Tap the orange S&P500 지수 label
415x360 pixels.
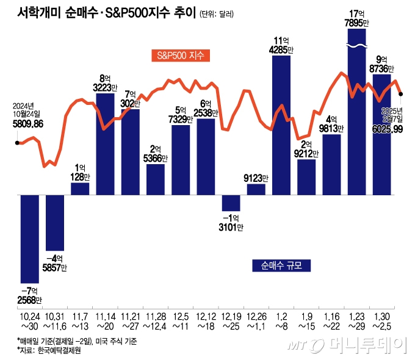pyautogui.click(x=180, y=56)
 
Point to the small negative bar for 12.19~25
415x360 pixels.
pyautogui.click(x=231, y=203)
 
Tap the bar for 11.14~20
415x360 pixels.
pyautogui.click(x=106, y=143)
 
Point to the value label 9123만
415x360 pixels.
pyautogui.click(x=256, y=178)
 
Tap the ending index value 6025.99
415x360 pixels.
pyautogui.click(x=386, y=129)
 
